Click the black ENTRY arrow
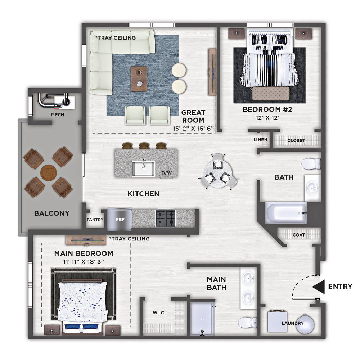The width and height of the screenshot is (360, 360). (319, 287)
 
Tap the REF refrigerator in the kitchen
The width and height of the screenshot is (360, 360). (120, 220)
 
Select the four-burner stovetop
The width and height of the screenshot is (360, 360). (166, 219)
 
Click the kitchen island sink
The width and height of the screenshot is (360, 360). (143, 169)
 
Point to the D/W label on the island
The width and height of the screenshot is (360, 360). (167, 173)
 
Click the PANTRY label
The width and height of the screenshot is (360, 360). (95, 220)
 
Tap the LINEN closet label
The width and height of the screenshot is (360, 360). (260, 140)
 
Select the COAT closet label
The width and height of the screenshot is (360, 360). (299, 235)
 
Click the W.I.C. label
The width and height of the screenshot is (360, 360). (159, 313)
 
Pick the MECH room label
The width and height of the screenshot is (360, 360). (58, 114)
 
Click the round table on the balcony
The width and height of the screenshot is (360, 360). (49, 173)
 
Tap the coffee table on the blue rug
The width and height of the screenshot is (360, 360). (139, 79)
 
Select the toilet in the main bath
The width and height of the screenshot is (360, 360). (248, 323)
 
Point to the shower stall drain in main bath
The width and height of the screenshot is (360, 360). (202, 319)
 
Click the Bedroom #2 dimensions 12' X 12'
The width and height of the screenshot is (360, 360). (267, 118)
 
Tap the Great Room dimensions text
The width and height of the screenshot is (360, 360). (193, 129)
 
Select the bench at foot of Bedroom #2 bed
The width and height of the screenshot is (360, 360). (271, 94)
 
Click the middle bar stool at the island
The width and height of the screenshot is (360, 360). (144, 146)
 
